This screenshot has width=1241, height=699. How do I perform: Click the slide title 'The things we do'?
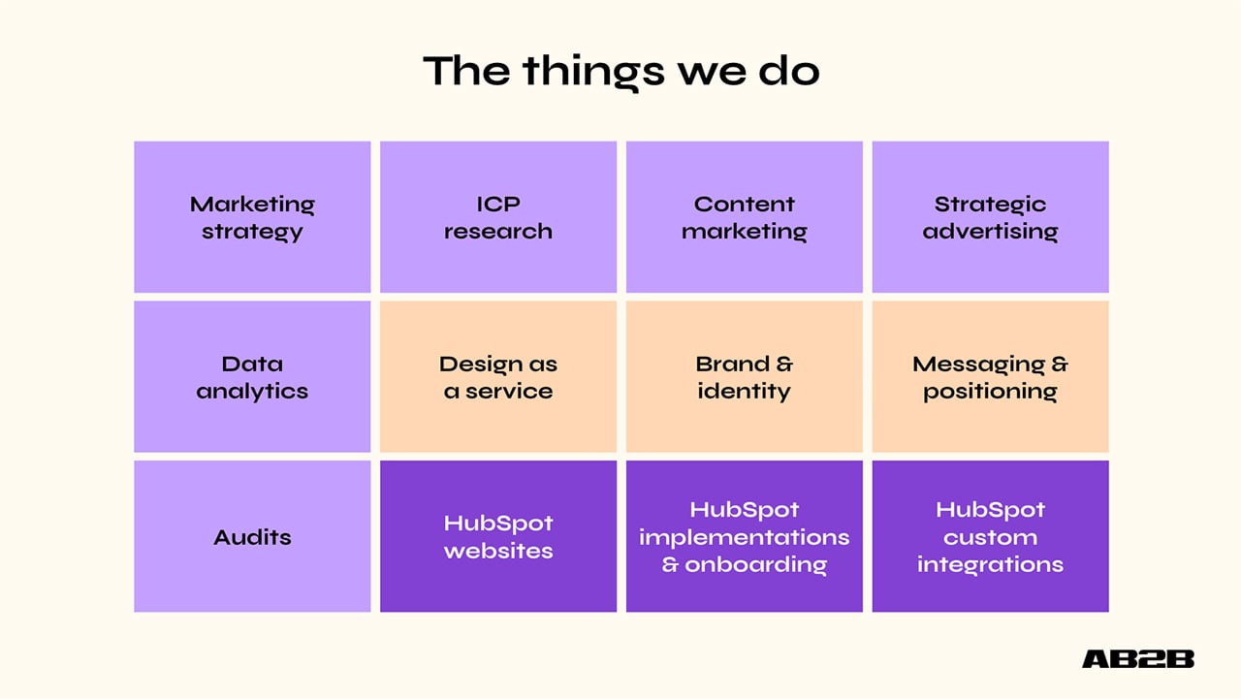[x=620, y=72]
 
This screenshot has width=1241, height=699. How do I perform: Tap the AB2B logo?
[x=1138, y=659]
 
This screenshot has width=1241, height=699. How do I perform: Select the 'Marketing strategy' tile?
[x=252, y=217]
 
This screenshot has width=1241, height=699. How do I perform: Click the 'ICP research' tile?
[x=498, y=217]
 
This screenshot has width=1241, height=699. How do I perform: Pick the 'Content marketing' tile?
[x=745, y=217]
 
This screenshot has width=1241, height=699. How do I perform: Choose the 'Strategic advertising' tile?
[x=990, y=217]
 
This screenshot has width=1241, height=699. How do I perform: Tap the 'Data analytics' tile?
[x=252, y=377]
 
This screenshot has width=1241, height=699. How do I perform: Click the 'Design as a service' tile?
[x=498, y=377]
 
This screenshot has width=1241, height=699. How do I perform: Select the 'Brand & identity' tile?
[x=745, y=377]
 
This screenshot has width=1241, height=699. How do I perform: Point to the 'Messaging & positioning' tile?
[x=990, y=377]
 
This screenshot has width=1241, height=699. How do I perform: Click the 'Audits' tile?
[x=252, y=536]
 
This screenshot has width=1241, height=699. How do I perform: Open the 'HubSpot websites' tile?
[x=498, y=536]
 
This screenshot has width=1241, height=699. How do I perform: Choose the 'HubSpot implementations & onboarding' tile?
[x=745, y=536]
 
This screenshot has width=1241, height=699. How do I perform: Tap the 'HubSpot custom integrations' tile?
[x=990, y=536]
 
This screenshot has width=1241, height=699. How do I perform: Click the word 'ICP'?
[x=498, y=205]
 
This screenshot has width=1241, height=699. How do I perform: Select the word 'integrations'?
[x=990, y=564]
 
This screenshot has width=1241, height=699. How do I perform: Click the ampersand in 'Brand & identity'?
[x=784, y=365]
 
